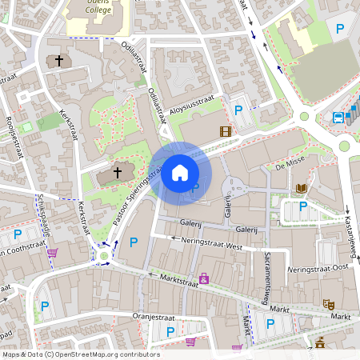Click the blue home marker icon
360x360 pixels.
click(x=179, y=172)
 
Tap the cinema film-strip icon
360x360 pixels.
click(x=225, y=131)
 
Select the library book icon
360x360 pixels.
click(x=301, y=189)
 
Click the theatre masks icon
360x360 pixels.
click(x=327, y=304)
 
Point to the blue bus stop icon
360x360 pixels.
click(x=338, y=118)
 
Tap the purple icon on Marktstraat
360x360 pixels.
click(x=204, y=278)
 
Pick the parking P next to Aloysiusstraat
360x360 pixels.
click(x=238, y=110)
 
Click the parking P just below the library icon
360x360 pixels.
click(x=302, y=206)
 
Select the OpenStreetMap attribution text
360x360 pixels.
click(x=80, y=354)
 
